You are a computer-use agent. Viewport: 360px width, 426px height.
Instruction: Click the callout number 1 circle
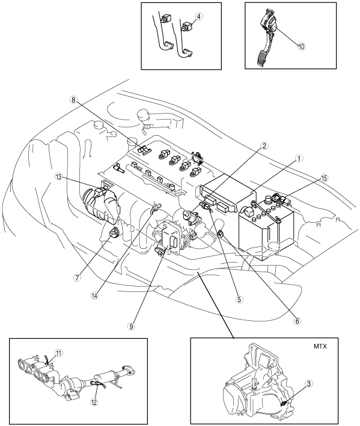[x=299, y=159]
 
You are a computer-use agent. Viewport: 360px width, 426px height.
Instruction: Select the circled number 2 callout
[x=264, y=145]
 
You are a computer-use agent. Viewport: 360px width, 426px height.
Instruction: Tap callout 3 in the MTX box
[x=309, y=383]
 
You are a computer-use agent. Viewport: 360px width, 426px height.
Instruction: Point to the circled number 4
[x=199, y=16]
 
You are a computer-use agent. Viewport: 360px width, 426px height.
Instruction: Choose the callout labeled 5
[x=239, y=299]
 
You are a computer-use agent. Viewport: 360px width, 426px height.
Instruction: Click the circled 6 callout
[x=297, y=321]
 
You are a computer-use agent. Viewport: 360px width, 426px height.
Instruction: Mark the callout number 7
[x=77, y=278]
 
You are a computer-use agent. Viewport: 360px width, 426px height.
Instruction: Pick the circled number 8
[x=73, y=100]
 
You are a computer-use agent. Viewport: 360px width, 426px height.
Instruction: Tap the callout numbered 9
[x=132, y=326]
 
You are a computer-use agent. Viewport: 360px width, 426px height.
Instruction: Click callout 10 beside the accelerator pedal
[x=301, y=46]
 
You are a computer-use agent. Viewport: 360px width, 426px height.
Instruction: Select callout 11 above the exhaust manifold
[x=59, y=353]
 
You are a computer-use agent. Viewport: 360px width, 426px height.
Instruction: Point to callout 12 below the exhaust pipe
[x=94, y=402]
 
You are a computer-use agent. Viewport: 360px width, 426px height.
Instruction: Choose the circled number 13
[x=58, y=177]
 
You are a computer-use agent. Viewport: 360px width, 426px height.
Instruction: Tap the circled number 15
[x=323, y=178]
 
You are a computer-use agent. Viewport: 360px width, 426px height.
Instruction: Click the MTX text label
[x=320, y=347]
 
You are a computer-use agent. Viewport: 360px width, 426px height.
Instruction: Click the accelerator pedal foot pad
[x=261, y=58]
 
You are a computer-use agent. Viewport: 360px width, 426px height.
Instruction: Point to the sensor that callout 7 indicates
[x=114, y=233]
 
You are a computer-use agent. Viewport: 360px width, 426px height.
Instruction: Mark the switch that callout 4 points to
[x=188, y=26]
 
